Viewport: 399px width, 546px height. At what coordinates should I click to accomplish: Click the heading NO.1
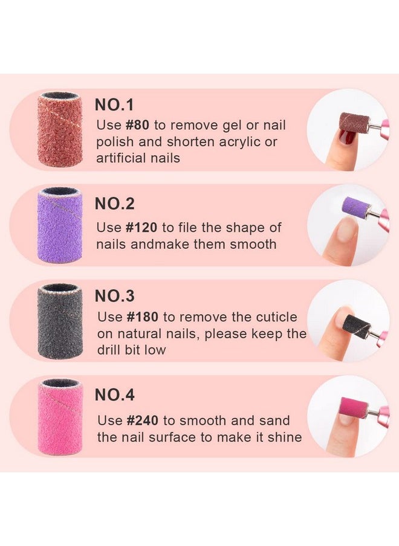point(114,104)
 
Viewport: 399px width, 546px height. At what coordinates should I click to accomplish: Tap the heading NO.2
point(115,204)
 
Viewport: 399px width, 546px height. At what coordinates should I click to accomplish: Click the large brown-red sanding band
point(60,129)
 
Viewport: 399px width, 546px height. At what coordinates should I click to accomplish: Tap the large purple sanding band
point(60,225)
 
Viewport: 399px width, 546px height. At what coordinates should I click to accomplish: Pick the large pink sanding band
point(60,417)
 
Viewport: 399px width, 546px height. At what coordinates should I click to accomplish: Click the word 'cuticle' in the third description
point(273,317)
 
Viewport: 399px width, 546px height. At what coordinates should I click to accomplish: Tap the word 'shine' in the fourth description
point(284,437)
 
